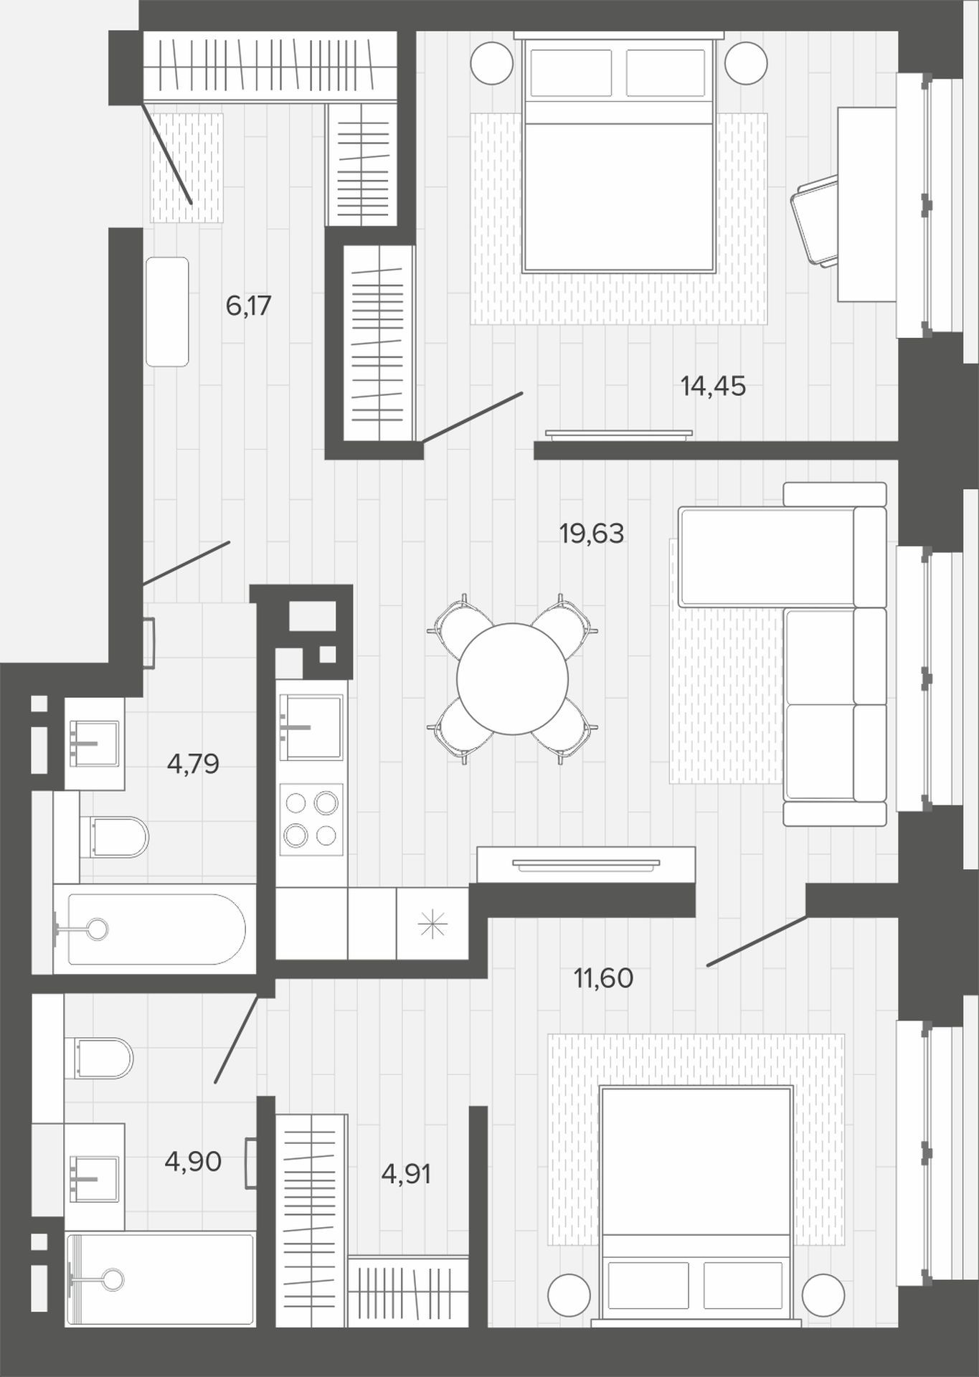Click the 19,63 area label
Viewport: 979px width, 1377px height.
pos(592,534)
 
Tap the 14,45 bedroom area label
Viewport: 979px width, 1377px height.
pos(713,387)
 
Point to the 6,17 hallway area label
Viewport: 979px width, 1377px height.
pos(248,306)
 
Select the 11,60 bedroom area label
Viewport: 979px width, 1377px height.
pos(603,978)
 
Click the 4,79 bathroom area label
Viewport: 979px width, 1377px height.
pos(193,765)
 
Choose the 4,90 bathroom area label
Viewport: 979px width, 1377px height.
pos(193,1161)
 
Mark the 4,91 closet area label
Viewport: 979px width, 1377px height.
pos(406,1175)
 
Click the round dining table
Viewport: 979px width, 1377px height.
pos(512,678)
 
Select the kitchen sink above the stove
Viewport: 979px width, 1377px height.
pos(311,727)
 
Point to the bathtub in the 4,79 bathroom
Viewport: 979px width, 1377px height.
pos(154,929)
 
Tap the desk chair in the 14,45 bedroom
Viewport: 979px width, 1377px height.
pos(814,220)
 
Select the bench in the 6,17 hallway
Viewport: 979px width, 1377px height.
pos(167,312)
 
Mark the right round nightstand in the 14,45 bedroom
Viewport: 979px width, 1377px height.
pos(746,62)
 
